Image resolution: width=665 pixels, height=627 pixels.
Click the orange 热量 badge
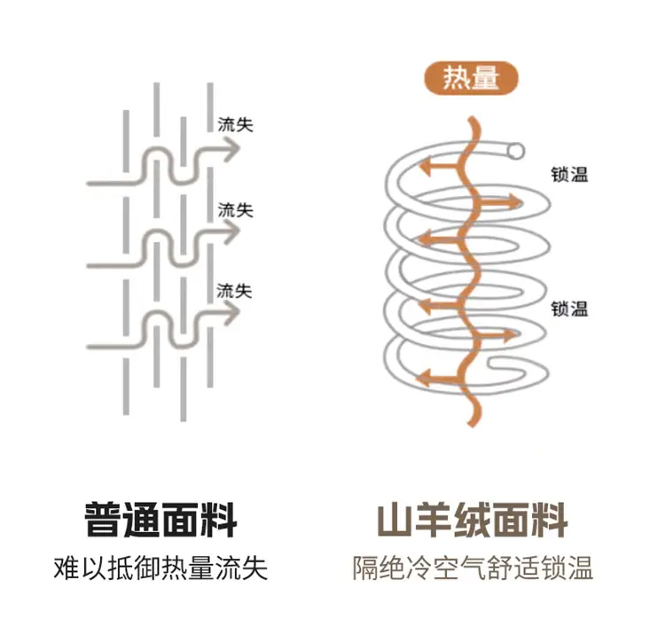click(471, 78)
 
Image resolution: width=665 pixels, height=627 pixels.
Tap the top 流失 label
click(235, 125)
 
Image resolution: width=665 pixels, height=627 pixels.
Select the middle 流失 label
click(235, 210)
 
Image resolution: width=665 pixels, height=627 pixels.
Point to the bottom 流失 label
click(235, 291)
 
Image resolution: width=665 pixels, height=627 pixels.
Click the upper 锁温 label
click(569, 174)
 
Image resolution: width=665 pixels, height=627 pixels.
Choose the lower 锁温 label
click(569, 309)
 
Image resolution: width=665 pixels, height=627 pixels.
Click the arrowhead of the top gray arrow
click(233, 148)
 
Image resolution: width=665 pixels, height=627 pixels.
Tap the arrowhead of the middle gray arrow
click(233, 231)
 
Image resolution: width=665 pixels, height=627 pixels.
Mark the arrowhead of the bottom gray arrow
click(233, 312)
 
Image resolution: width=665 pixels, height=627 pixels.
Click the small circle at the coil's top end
click(517, 151)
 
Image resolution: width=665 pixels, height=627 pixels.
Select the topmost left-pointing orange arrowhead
click(426, 167)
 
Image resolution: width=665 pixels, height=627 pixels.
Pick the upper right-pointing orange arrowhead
click(516, 203)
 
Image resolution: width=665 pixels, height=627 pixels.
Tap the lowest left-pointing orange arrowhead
click(424, 378)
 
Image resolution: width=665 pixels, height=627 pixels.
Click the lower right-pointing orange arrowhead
click(511, 335)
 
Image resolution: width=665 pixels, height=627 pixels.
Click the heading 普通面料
click(160, 520)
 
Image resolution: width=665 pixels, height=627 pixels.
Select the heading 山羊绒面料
click(473, 520)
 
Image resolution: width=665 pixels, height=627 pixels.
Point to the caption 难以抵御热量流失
click(160, 568)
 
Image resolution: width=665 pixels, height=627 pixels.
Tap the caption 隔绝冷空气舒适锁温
click(473, 568)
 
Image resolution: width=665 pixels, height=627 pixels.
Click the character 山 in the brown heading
click(395, 520)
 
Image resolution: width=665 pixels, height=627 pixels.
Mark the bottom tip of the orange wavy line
click(471, 425)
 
